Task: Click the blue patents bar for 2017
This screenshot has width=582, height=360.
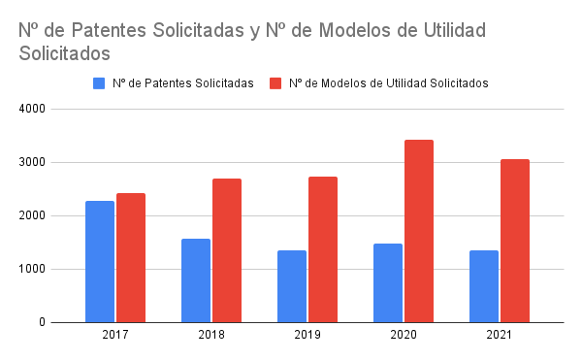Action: point(100,261)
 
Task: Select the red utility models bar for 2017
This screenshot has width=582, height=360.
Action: point(131,257)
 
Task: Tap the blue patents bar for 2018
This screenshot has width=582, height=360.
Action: point(196,280)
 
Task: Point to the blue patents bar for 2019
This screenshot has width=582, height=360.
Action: point(292,286)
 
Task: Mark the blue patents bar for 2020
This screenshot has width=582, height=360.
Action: point(388,282)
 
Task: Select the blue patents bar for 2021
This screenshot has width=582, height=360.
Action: point(484,286)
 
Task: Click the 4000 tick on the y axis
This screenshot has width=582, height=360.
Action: point(33,110)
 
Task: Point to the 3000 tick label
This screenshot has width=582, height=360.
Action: point(33,163)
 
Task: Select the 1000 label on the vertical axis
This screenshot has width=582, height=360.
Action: point(33,270)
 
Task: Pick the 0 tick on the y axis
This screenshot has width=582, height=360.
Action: point(43,323)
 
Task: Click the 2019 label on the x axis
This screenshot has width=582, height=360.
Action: point(307,335)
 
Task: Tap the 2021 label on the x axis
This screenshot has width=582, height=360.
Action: point(500,335)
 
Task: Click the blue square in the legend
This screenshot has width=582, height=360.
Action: point(99,83)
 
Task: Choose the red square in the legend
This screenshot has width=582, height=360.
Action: point(275,83)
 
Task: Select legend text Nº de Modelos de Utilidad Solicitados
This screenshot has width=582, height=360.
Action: point(388,83)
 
